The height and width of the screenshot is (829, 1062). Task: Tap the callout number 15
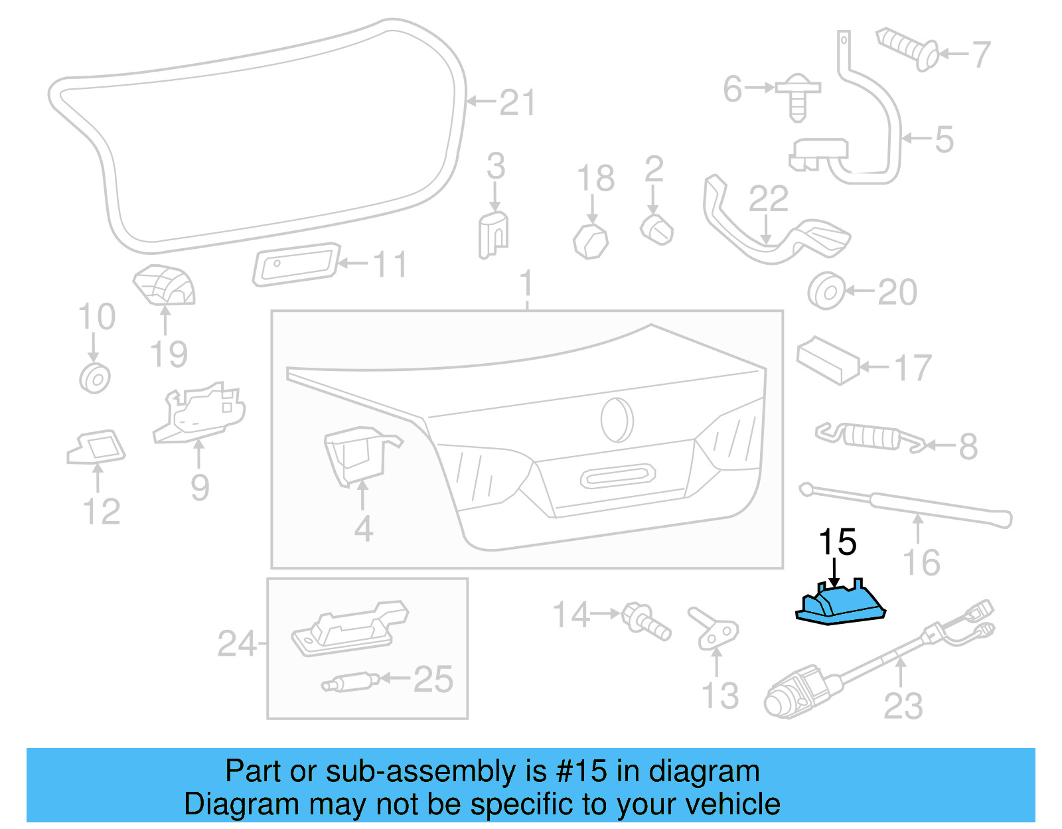(x=838, y=542)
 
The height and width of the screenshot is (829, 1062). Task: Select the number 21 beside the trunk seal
(x=517, y=103)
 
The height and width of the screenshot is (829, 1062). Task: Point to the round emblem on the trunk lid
(x=617, y=419)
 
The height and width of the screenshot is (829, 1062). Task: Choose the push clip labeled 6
(x=799, y=98)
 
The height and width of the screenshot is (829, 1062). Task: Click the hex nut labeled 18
(x=591, y=240)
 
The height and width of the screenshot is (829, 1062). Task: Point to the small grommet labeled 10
(x=95, y=378)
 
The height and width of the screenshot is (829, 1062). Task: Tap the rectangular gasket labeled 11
(x=296, y=264)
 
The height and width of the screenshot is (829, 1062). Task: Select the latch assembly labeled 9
(x=199, y=412)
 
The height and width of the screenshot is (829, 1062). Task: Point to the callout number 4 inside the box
(x=363, y=529)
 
